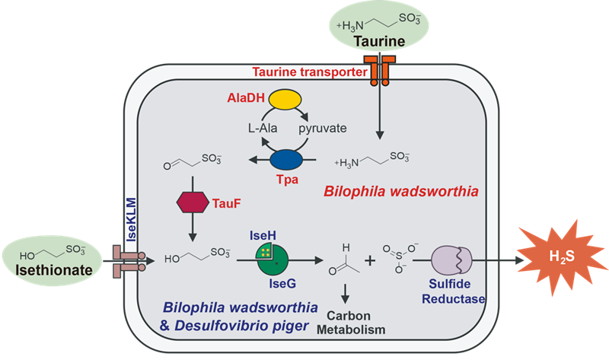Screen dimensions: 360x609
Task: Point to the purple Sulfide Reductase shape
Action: click(x=455, y=261)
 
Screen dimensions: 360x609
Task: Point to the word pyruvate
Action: click(x=323, y=128)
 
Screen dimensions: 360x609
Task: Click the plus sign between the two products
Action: click(x=371, y=260)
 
